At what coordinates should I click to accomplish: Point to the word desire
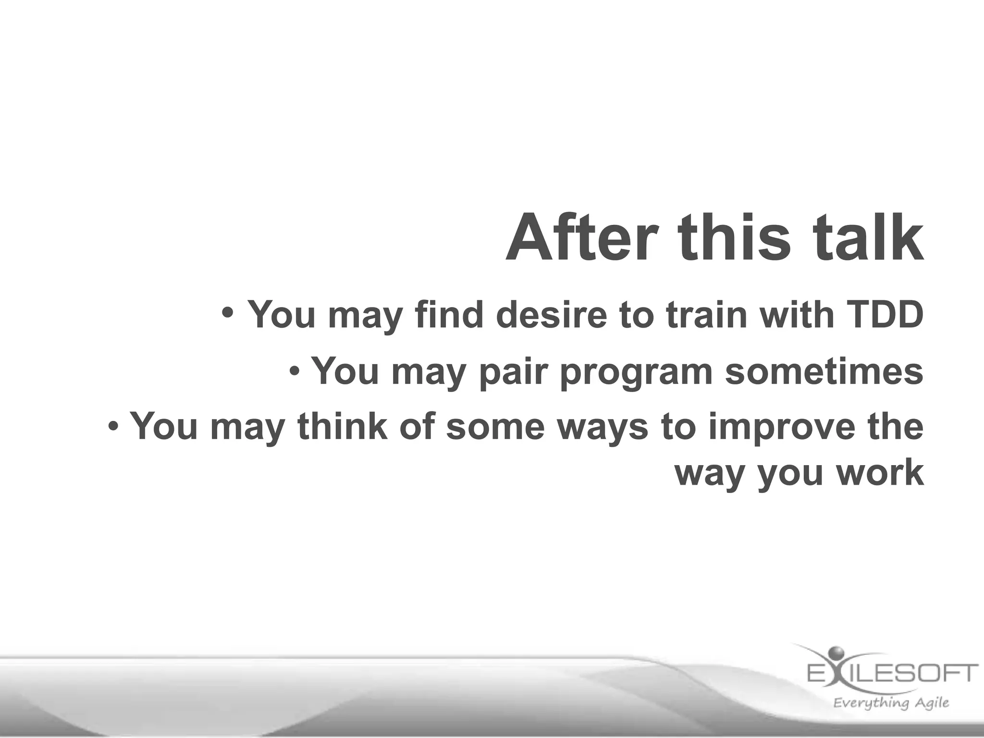551,315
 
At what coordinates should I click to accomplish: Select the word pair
514,371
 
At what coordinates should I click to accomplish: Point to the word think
342,426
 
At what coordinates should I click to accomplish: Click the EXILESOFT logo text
892,673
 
